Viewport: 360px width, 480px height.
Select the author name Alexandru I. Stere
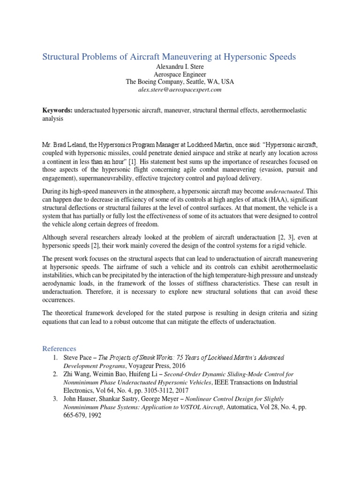point(180,66)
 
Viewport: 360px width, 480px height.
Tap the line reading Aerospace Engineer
point(180,74)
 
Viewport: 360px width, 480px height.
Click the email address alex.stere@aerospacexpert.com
point(180,89)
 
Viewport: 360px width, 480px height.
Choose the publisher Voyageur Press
point(157,365)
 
